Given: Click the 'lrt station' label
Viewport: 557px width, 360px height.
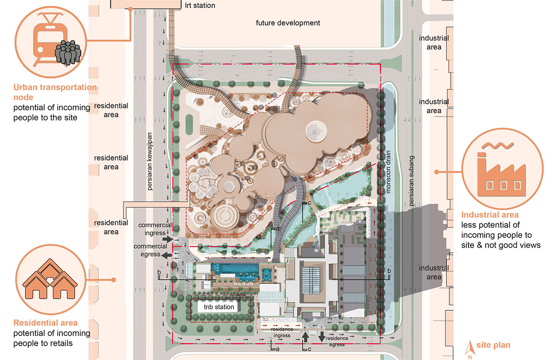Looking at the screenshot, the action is click(x=200, y=6).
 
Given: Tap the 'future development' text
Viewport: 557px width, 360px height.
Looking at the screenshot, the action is click(x=288, y=23).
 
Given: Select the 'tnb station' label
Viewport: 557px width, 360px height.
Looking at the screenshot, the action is click(x=219, y=307).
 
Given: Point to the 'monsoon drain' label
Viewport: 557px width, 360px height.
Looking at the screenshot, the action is click(x=388, y=172).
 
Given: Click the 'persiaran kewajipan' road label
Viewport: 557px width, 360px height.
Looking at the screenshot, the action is click(x=149, y=161).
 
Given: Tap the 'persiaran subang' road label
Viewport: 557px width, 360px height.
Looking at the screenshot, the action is click(x=412, y=180).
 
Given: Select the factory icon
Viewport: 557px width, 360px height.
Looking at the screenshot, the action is click(x=501, y=169).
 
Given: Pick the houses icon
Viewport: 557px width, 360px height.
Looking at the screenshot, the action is click(x=50, y=279).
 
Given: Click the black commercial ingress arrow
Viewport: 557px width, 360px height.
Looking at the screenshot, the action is click(x=168, y=239).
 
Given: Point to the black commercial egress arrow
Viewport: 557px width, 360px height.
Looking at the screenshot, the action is click(x=166, y=255).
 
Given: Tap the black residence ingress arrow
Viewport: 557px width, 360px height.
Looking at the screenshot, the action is click(x=305, y=337).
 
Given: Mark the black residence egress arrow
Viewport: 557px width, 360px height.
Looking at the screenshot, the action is click(x=322, y=337).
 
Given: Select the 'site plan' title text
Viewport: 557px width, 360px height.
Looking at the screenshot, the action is click(x=493, y=345).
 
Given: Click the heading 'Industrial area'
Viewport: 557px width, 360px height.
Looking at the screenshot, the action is click(x=490, y=215).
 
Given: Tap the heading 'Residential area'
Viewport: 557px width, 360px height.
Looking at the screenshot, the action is click(x=45, y=323).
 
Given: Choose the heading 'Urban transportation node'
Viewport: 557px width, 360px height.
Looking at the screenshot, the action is click(x=55, y=92).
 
